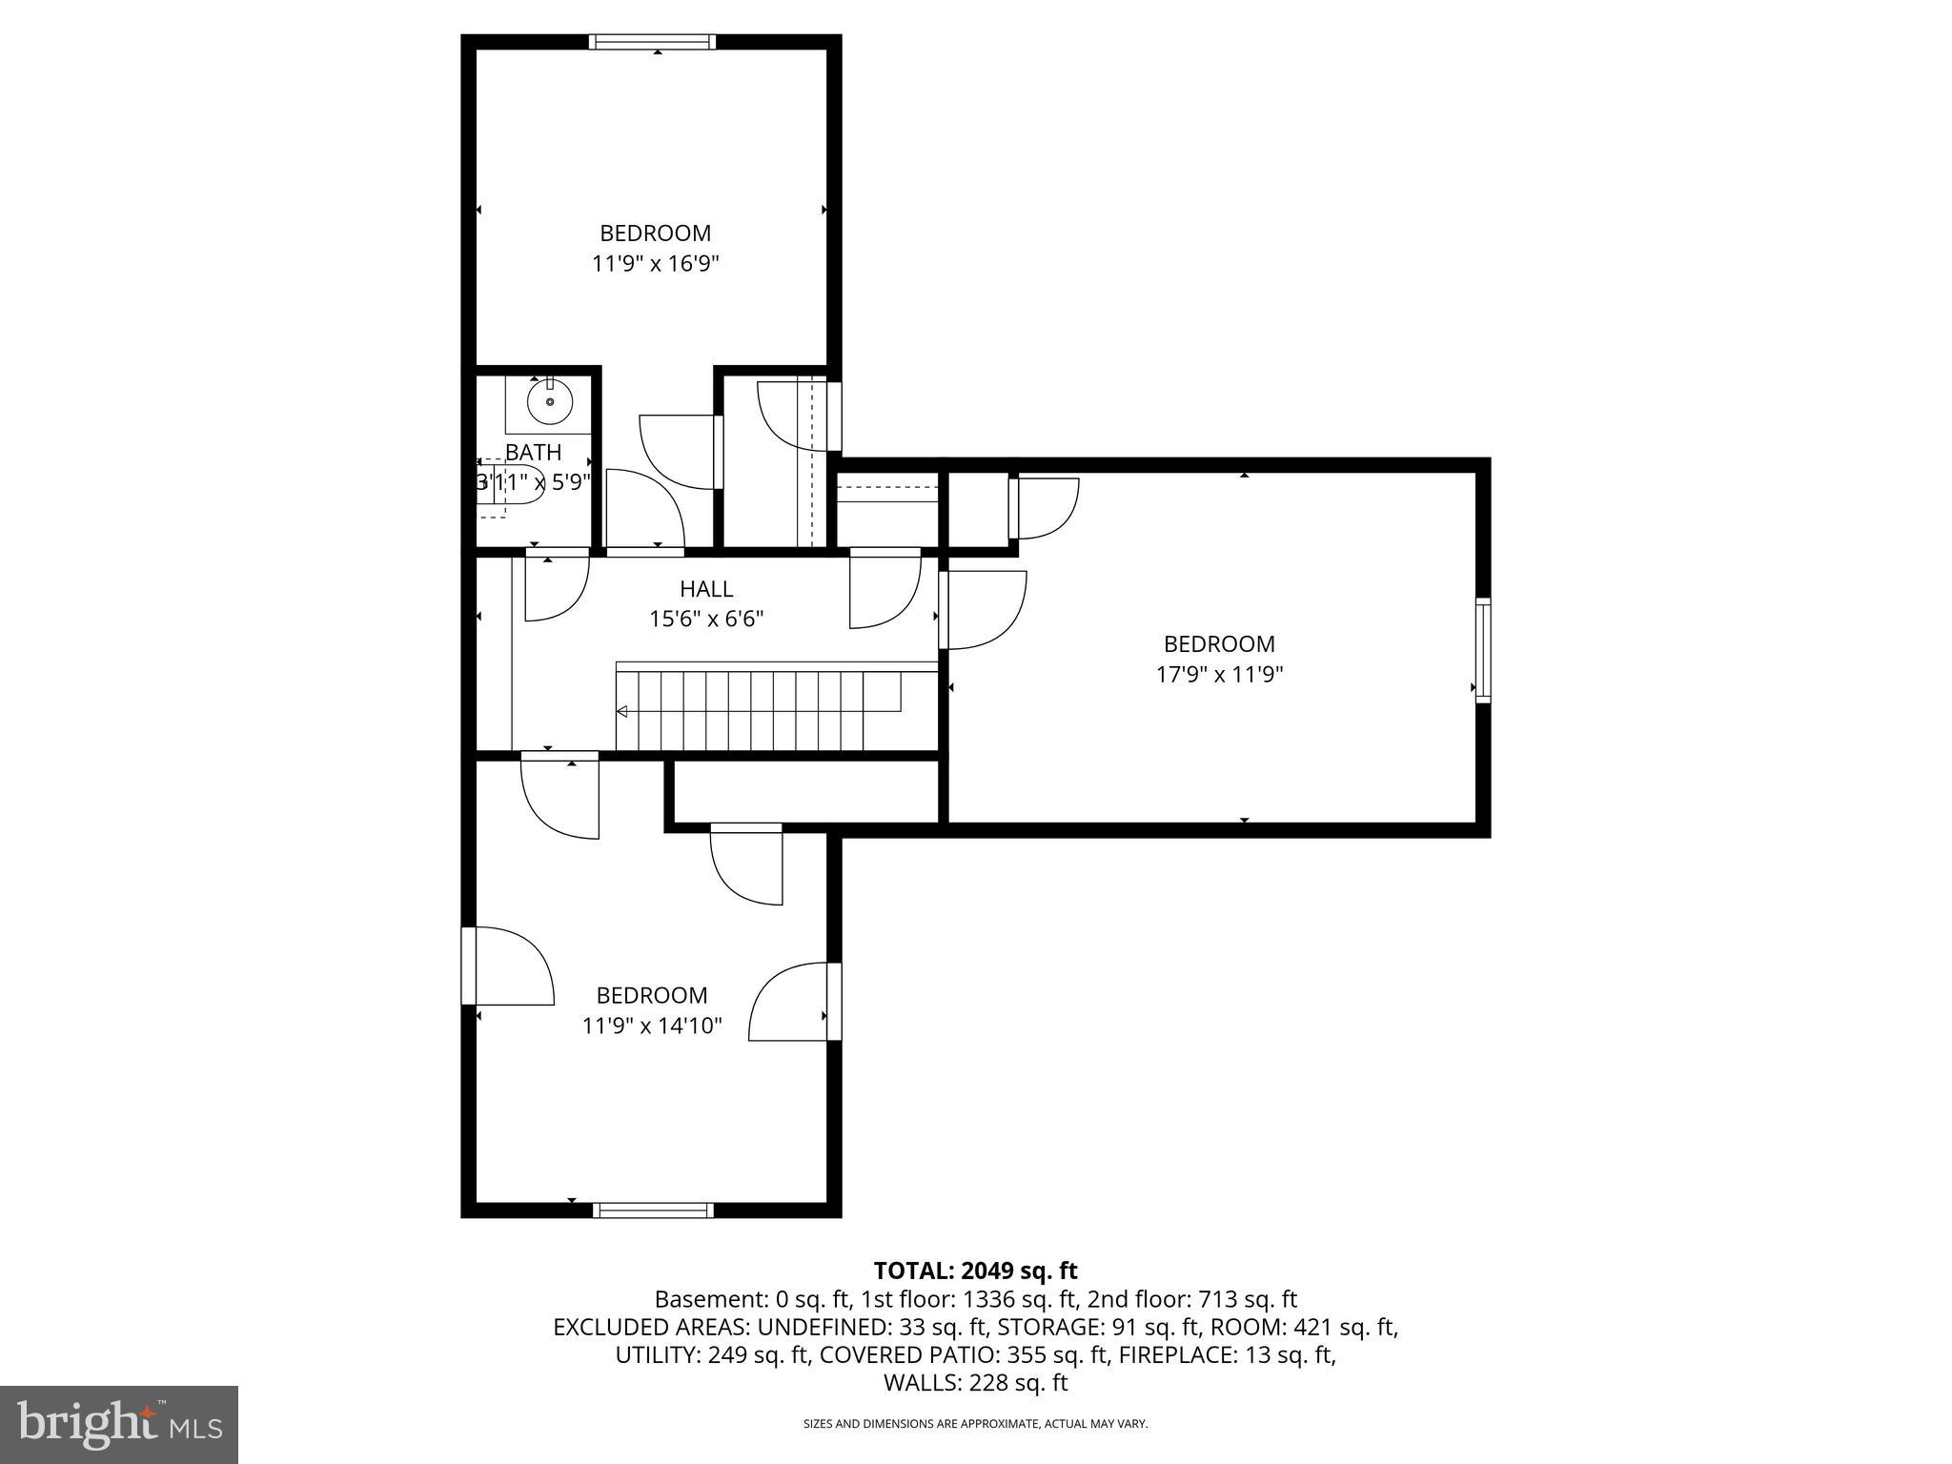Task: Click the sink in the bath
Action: [x=550, y=402]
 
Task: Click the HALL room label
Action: [x=706, y=589]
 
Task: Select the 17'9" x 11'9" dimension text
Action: [x=1219, y=675]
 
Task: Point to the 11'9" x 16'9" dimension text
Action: [x=655, y=263]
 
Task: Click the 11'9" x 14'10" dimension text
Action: [x=652, y=1026]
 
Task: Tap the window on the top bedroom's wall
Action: [x=652, y=42]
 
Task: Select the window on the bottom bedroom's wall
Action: [x=653, y=1210]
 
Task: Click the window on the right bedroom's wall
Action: [x=1483, y=650]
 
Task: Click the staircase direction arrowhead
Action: [x=621, y=711]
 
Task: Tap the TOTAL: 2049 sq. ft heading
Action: [x=975, y=1271]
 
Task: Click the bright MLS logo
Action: [x=119, y=1424]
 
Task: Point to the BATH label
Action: [x=533, y=452]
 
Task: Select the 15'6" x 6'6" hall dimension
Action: [x=706, y=620]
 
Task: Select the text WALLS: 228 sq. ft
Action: [x=975, y=1383]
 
